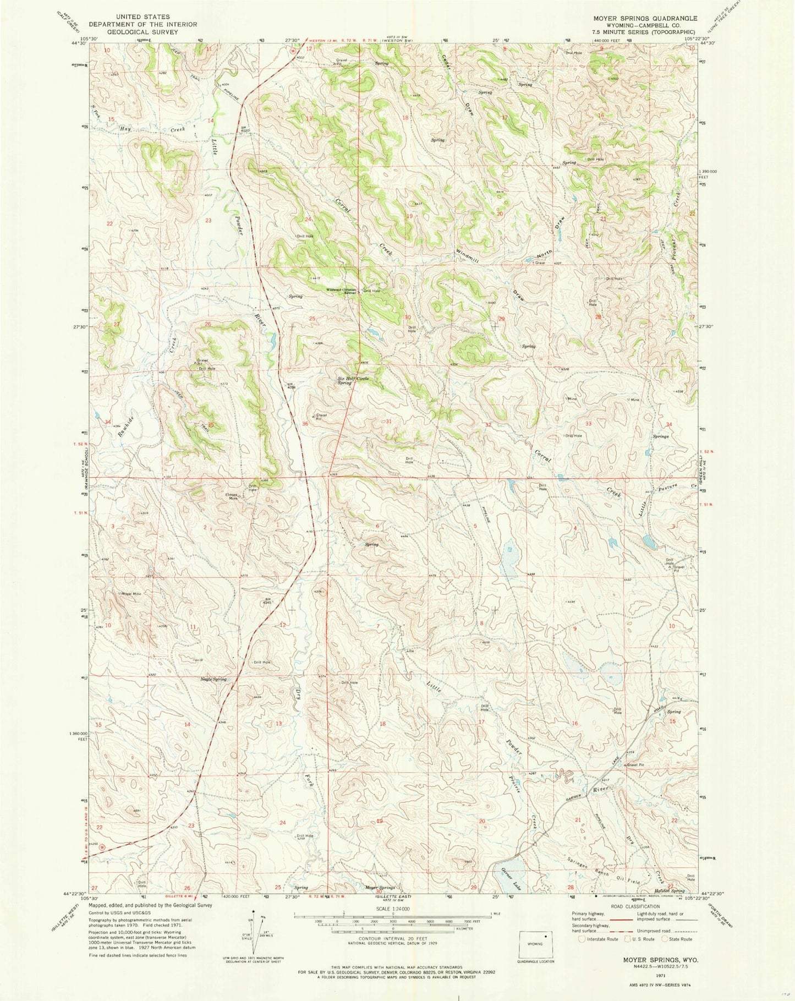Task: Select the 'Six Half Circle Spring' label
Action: tap(353, 380)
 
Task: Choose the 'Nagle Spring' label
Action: tap(213, 680)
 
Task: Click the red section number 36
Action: tap(305, 423)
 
